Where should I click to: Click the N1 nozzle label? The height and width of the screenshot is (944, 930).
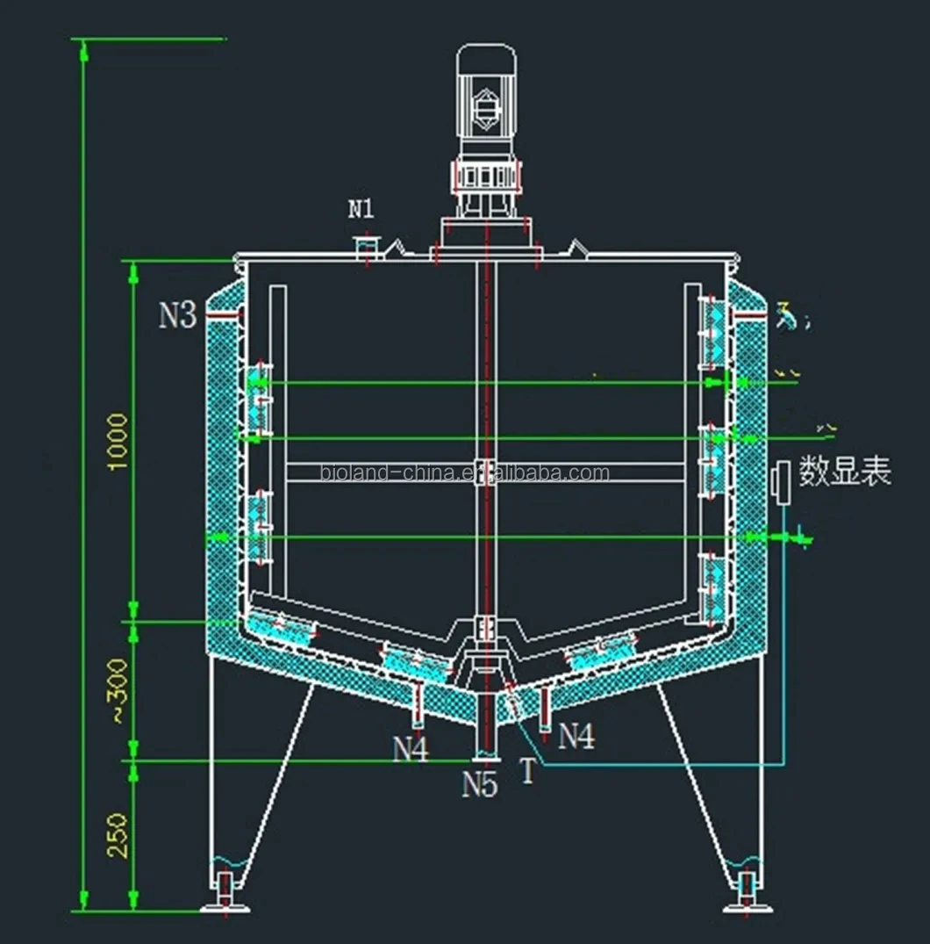tap(361, 209)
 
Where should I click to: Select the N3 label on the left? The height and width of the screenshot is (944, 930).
tap(177, 315)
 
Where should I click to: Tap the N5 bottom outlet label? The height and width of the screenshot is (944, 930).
tap(480, 785)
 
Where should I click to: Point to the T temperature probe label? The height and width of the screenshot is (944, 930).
tap(527, 772)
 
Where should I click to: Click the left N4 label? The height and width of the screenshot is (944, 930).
tap(411, 749)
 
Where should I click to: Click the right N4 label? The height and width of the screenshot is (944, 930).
tap(576, 736)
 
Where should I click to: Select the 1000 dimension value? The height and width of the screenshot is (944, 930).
tap(118, 442)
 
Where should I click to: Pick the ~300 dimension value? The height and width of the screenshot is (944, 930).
tap(118, 691)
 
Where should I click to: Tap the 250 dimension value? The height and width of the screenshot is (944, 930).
tap(118, 835)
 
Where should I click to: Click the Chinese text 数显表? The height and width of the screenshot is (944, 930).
tap(844, 472)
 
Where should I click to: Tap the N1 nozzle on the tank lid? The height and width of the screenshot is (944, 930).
tap(366, 249)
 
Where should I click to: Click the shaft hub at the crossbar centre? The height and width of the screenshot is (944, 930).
tap(485, 473)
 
